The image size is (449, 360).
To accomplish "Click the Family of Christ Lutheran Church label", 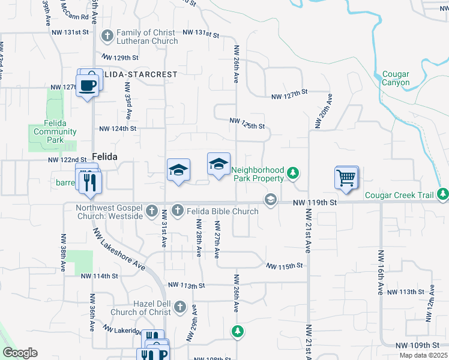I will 147,37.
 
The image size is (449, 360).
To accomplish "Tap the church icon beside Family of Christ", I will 107,36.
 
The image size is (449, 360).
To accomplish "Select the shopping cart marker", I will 346,178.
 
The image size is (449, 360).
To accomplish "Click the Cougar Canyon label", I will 396,79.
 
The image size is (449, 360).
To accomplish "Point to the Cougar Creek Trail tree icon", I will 443,194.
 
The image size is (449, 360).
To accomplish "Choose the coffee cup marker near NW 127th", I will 88,83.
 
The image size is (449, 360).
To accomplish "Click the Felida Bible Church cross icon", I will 177,211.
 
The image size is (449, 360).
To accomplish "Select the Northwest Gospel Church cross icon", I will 152,211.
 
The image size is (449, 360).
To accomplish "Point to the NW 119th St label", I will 316,203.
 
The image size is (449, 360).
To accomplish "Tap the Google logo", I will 20,353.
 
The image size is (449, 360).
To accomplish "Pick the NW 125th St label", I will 247,124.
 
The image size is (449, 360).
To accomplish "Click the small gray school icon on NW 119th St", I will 271,200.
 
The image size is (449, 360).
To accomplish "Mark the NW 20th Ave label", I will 322,111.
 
